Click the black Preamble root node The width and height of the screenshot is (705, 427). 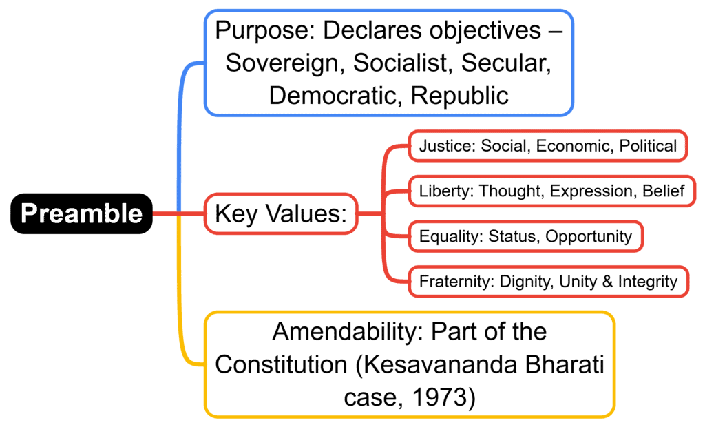[x=81, y=213]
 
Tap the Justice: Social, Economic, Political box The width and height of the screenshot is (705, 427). [x=548, y=146]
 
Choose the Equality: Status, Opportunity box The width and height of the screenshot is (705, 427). [x=526, y=237]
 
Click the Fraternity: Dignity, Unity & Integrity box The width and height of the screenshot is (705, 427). [x=548, y=282]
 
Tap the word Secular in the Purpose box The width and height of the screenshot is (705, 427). [x=507, y=63]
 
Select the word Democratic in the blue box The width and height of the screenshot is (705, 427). [x=330, y=95]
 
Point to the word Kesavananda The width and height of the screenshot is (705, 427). [x=436, y=365]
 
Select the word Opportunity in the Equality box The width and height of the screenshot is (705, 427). [x=589, y=237]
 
